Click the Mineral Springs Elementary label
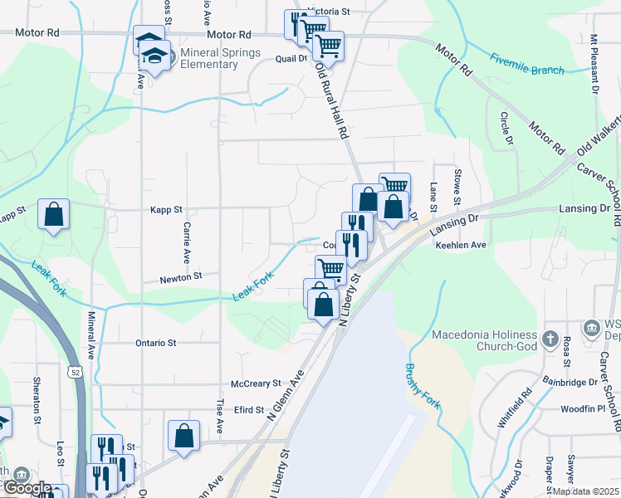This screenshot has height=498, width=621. pyautogui.click(x=209, y=59)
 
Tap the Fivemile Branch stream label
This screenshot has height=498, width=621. pyautogui.click(x=526, y=65)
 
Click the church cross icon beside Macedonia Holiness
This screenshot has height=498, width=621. pyautogui.click(x=550, y=339)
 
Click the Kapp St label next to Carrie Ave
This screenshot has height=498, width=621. pyautogui.click(x=166, y=211)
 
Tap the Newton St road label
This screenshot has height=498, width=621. pyautogui.click(x=182, y=276)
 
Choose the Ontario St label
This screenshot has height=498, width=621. pyautogui.click(x=156, y=342)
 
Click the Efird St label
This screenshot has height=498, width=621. pyautogui.click(x=248, y=410)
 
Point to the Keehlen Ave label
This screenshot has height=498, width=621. pyautogui.click(x=466, y=246)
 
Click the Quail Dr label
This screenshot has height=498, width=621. pyautogui.click(x=291, y=59)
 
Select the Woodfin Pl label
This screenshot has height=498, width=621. pyautogui.click(x=583, y=408)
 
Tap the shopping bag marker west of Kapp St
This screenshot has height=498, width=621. pyautogui.click(x=54, y=215)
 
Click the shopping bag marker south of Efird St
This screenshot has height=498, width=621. pyautogui.click(x=183, y=436)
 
